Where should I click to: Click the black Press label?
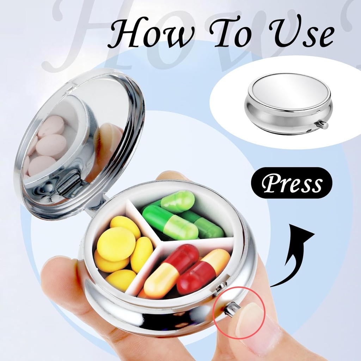tap(292, 183)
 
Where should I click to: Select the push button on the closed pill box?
tap(323, 124)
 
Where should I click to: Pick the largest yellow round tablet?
tap(116, 244)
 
